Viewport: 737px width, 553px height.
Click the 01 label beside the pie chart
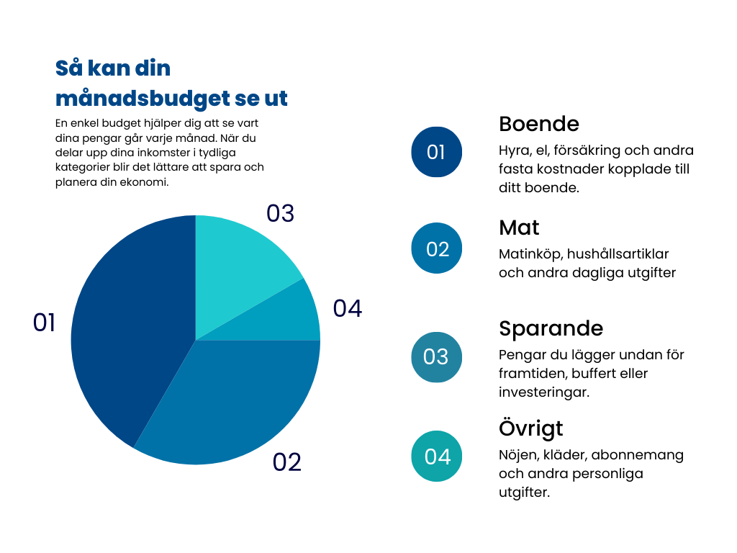tap(44, 323)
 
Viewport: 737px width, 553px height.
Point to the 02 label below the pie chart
tap(286, 462)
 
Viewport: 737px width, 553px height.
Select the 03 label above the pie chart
tap(280, 213)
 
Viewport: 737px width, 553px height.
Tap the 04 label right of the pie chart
tap(347, 308)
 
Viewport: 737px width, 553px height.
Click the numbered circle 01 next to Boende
tap(436, 152)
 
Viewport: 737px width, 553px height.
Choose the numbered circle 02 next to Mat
tap(437, 248)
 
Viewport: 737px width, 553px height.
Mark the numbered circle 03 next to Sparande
tap(436, 356)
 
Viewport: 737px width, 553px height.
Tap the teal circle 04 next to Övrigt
tap(437, 457)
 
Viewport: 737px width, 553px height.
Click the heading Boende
tap(538, 123)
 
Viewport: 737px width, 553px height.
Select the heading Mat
tap(519, 228)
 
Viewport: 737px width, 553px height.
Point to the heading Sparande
tap(551, 328)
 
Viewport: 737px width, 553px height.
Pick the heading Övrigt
tap(530, 428)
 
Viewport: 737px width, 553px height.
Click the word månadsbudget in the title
tap(136, 98)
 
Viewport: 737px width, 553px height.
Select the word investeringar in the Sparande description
tap(544, 392)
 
